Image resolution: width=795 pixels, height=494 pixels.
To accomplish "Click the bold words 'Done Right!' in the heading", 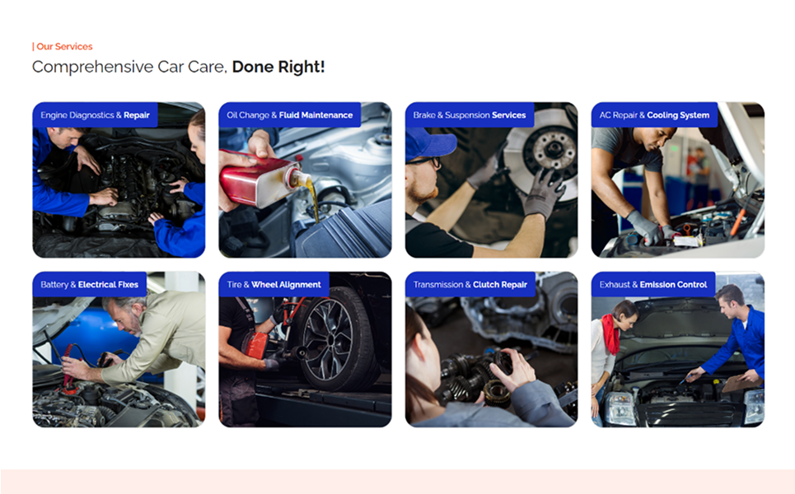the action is (x=278, y=67).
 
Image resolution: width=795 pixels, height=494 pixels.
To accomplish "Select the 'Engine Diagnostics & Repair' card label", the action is (x=96, y=115).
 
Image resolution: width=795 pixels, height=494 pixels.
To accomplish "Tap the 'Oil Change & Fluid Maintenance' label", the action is (x=289, y=115).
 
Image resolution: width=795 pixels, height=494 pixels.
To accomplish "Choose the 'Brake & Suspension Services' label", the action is (x=470, y=115).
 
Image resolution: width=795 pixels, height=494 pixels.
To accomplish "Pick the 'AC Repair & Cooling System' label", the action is (x=654, y=115).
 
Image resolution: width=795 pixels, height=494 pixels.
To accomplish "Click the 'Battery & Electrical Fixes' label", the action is (x=89, y=285).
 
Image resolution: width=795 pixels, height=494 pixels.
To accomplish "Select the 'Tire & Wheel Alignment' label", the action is (x=274, y=285).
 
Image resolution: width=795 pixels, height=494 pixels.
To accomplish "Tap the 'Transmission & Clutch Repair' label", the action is (x=470, y=285).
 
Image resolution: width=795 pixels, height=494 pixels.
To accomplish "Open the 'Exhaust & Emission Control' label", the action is (x=653, y=285).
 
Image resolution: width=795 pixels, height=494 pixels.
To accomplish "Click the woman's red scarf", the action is (x=611, y=332).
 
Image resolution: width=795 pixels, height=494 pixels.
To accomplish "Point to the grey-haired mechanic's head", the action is (x=124, y=315).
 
